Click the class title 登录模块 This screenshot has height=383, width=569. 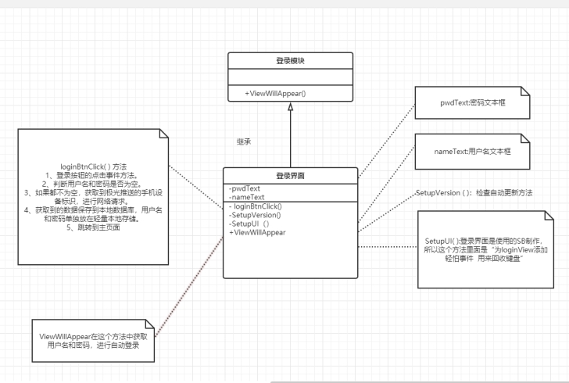click(290, 59)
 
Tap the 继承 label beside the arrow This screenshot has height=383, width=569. click(244, 142)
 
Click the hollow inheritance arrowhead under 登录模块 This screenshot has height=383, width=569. click(290, 106)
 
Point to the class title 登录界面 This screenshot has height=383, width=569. click(290, 175)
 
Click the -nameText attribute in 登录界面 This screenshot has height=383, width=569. click(246, 198)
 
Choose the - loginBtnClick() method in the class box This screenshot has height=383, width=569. click(256, 206)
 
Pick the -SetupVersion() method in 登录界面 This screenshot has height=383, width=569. click(256, 215)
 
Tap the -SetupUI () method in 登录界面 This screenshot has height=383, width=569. click(249, 224)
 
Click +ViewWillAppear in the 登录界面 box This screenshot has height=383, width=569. click(257, 232)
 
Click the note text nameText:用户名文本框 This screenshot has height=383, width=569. click(472, 149)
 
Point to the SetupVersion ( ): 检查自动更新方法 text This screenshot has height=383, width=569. click(474, 192)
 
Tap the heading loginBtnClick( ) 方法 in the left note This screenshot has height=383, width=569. click(93, 166)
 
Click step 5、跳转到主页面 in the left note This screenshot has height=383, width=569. click(93, 227)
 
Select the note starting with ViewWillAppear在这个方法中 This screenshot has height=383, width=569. click(92, 340)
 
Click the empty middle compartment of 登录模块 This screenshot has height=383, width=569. click(290, 77)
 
